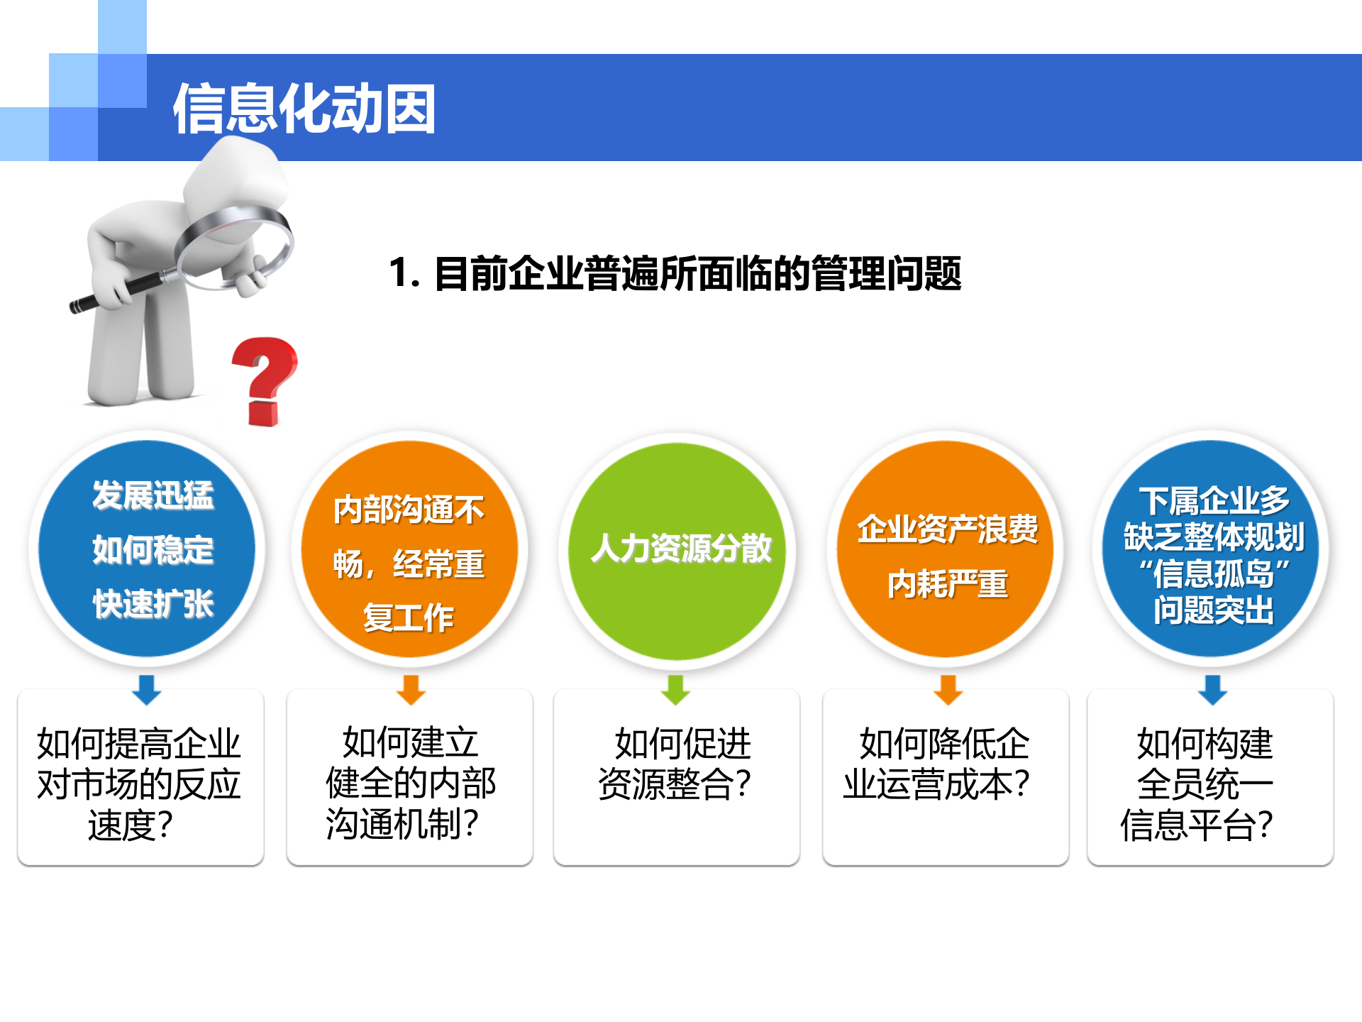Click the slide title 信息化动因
[304, 109]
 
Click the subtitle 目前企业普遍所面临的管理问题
[697, 273]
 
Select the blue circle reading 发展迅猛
[147, 548]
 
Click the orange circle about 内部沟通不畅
[409, 548]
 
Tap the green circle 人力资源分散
[677, 550]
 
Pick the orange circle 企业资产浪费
[945, 548]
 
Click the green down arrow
[676, 689]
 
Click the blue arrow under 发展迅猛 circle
[147, 689]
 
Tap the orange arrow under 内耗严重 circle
[948, 689]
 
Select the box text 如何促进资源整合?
[676, 764]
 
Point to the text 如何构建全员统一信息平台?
[1199, 784]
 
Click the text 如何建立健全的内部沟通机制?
[409, 784]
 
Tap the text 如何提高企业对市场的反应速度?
[138, 784]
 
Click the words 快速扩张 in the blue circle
[153, 604]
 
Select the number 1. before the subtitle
[404, 273]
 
